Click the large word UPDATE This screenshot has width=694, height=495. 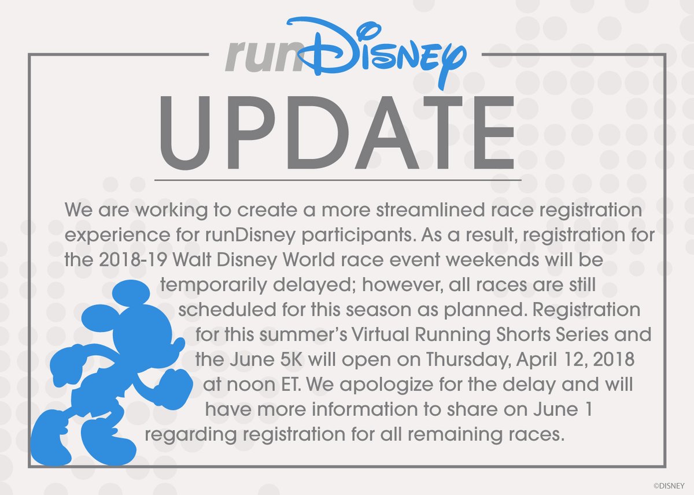[337, 132]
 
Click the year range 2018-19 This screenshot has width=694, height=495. [133, 260]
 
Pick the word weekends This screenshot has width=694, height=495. [492, 260]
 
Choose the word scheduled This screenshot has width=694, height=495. [227, 310]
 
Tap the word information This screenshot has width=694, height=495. [366, 410]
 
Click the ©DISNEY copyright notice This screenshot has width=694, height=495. [669, 486]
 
